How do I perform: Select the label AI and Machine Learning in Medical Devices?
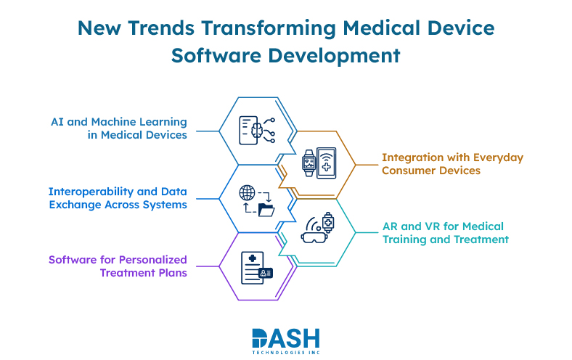pos(118,128)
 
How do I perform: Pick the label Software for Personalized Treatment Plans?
pos(118,266)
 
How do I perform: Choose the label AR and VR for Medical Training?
pos(445,233)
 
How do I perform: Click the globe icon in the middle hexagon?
pos(248,193)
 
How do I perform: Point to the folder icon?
pos(266,210)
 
